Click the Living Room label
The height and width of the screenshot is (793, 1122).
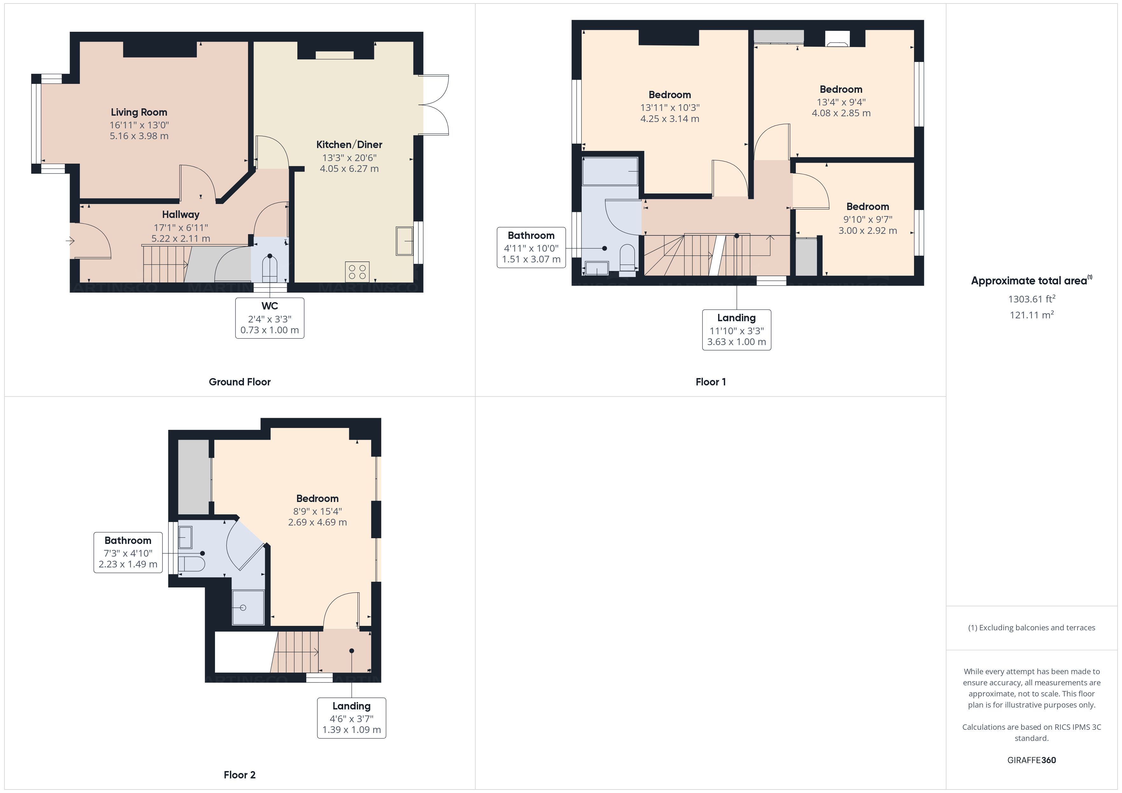(139, 112)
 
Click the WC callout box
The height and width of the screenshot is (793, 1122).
(269, 318)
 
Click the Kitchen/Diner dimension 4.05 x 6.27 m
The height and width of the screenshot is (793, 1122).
(349, 168)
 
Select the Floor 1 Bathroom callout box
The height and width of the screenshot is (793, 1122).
(531, 247)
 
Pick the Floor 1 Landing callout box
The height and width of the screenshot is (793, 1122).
(737, 329)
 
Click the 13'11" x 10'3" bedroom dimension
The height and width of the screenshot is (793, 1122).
(669, 107)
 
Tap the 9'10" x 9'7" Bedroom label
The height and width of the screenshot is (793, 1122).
(867, 207)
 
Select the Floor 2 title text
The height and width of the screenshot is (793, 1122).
(239, 775)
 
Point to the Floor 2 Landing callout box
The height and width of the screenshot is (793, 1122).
(351, 718)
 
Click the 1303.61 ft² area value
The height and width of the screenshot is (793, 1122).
(1031, 299)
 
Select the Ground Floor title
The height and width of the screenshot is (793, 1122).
(239, 382)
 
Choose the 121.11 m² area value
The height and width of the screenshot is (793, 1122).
(1031, 315)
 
